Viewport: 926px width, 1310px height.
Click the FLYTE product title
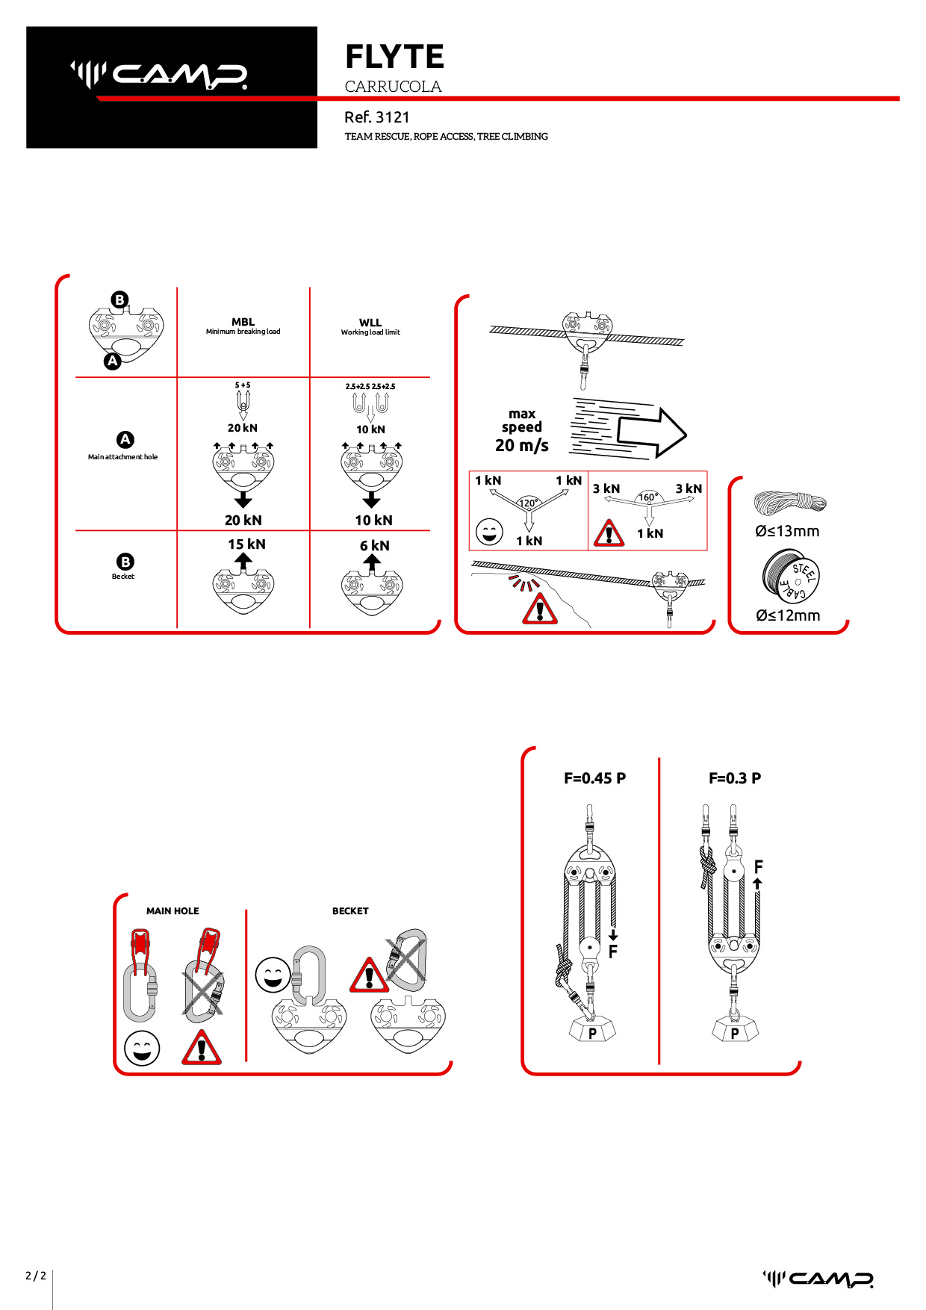pyautogui.click(x=394, y=57)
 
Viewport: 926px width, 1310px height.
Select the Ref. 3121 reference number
pyautogui.click(x=377, y=117)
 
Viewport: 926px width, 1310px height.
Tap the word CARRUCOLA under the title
pyautogui.click(x=394, y=87)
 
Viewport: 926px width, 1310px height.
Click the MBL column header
pyautogui.click(x=243, y=322)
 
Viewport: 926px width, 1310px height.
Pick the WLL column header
pyautogui.click(x=370, y=323)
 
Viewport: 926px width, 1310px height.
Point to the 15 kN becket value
pyautogui.click(x=246, y=544)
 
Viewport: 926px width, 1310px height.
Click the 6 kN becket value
pyautogui.click(x=375, y=546)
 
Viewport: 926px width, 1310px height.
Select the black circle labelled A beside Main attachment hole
pyautogui.click(x=125, y=440)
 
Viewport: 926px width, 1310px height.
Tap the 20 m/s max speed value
pyautogui.click(x=522, y=445)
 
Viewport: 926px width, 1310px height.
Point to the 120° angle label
pyautogui.click(x=529, y=503)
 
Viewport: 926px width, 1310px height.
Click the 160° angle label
pyautogui.click(x=648, y=497)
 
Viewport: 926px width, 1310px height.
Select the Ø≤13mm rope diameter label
pyautogui.click(x=787, y=531)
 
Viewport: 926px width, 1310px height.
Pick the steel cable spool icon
pyautogui.click(x=791, y=576)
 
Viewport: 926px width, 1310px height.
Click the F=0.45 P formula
pyautogui.click(x=595, y=778)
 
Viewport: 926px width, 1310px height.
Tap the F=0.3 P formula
pyautogui.click(x=735, y=778)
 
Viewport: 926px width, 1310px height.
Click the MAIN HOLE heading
pyautogui.click(x=173, y=911)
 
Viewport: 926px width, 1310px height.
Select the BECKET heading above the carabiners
pyautogui.click(x=350, y=911)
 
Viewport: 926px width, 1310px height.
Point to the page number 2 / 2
pyautogui.click(x=36, y=1276)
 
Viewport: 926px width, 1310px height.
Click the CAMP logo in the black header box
pyautogui.click(x=159, y=75)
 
